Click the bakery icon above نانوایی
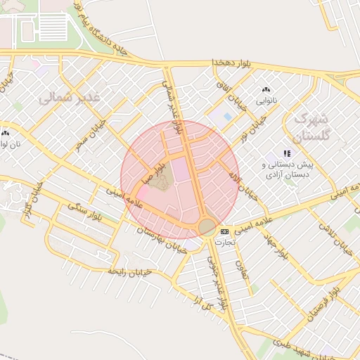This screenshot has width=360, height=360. click(266, 91)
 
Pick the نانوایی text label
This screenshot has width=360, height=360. click(266, 101)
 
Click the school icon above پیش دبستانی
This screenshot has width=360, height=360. click(286, 153)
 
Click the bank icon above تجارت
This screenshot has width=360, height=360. click(224, 231)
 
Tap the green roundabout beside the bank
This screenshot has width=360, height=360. click(207, 226)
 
